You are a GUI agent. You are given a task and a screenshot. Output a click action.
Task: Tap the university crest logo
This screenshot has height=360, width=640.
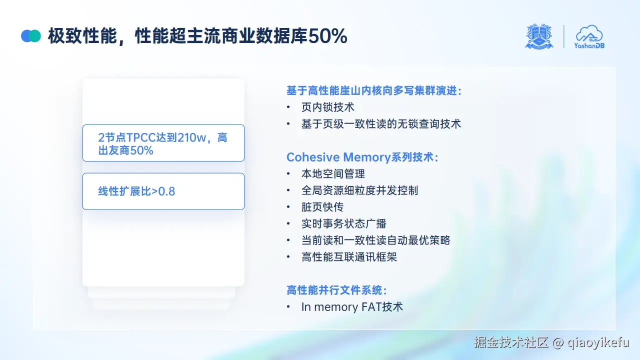tap(539, 36)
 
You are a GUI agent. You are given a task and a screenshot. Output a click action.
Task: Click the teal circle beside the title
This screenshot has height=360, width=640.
tap(35, 36)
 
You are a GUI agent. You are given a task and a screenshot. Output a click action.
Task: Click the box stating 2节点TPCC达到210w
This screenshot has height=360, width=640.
tap(163, 143)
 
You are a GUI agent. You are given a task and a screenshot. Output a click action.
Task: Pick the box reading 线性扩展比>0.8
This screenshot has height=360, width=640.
tap(163, 191)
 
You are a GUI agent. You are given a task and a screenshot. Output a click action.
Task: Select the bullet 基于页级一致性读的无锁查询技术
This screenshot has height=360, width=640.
tap(381, 123)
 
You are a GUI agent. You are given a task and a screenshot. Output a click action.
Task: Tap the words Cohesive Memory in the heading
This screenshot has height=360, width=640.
tap(338, 157)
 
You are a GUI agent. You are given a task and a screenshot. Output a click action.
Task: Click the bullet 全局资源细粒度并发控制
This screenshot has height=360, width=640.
tap(359, 190)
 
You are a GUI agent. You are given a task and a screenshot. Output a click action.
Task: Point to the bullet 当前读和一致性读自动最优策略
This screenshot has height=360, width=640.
tap(375, 240)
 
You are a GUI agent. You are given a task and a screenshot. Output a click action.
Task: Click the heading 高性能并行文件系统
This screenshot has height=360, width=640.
tap(336, 290)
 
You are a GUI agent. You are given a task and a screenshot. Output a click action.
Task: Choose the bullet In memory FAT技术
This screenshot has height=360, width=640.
tap(352, 306)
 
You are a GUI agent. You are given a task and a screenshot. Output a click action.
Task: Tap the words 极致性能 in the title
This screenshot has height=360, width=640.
tap(82, 36)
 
